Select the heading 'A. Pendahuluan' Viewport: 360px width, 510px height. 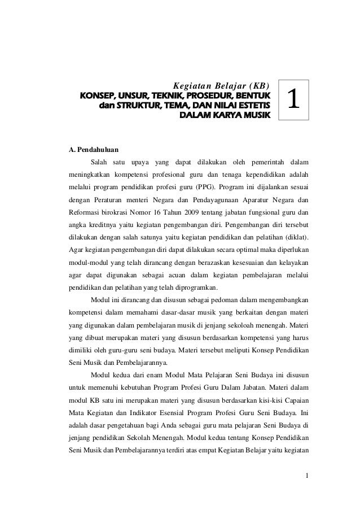94,151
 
